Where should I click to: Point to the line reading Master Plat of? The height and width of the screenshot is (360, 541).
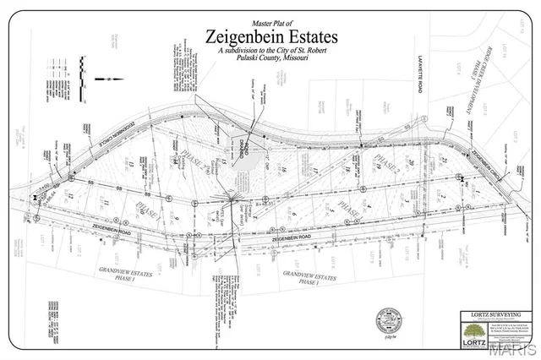point(270,23)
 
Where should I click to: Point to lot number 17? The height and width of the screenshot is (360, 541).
point(314,173)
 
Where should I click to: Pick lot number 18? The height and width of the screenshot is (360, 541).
point(347,169)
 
